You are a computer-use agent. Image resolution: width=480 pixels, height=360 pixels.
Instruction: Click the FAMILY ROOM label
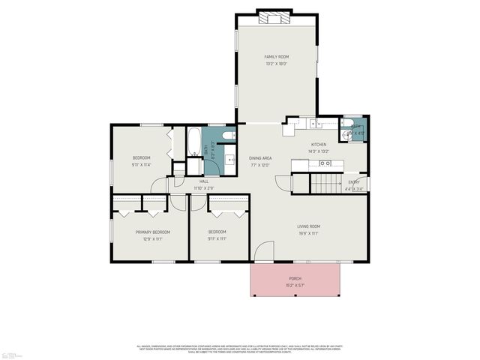pyautogui.click(x=276, y=57)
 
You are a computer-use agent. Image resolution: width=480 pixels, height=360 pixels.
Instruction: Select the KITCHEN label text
pyautogui.click(x=319, y=144)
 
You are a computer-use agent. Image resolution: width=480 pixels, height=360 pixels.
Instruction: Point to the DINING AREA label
pyautogui.click(x=260, y=158)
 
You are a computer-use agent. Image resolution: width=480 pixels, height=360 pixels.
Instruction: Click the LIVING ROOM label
pyautogui.click(x=308, y=226)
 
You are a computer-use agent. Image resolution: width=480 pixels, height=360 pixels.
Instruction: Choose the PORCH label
pyautogui.click(x=295, y=278)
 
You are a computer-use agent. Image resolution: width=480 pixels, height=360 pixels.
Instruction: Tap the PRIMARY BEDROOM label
pyautogui.click(x=152, y=232)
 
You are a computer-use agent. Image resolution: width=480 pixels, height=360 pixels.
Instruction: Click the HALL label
pyautogui.click(x=203, y=181)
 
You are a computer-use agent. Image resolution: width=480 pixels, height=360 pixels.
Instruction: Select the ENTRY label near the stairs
pyautogui.click(x=354, y=182)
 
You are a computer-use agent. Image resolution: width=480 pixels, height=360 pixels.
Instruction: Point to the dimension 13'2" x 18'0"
pyautogui.click(x=276, y=64)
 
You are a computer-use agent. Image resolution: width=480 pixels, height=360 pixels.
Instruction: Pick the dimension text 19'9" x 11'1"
pyautogui.click(x=308, y=233)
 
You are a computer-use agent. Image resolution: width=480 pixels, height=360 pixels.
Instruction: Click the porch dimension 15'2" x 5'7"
pyautogui.click(x=295, y=285)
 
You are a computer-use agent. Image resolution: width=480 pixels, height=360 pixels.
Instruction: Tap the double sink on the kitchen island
pyautogui.click(x=324, y=163)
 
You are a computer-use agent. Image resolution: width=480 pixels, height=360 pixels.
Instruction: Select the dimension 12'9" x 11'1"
pyautogui.click(x=152, y=239)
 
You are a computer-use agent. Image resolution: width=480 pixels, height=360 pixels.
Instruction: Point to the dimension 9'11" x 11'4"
pyautogui.click(x=141, y=164)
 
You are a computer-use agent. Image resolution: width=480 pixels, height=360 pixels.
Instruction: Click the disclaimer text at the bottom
pyautogui.click(x=240, y=348)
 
